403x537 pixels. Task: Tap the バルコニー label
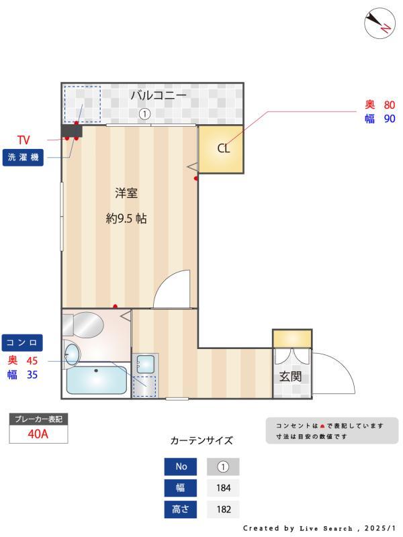click(158, 96)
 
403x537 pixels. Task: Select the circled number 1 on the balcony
click(144, 114)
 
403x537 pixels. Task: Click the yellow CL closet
click(221, 148)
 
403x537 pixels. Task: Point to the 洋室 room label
click(126, 193)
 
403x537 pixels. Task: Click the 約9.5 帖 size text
click(126, 218)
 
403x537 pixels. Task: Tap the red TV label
click(24, 140)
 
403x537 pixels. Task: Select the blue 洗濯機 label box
click(24, 158)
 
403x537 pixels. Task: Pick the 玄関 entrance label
click(290, 377)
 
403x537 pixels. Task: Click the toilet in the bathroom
click(83, 326)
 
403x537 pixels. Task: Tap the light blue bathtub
click(97, 380)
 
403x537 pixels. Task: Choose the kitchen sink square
click(145, 364)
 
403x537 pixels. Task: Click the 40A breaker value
click(38, 434)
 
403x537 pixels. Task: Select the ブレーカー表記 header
click(38, 419)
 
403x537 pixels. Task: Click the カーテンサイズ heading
click(201, 441)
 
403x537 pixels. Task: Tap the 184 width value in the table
click(223, 488)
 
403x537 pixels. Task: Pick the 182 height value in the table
click(223, 509)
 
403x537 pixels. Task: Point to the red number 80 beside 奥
click(390, 105)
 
